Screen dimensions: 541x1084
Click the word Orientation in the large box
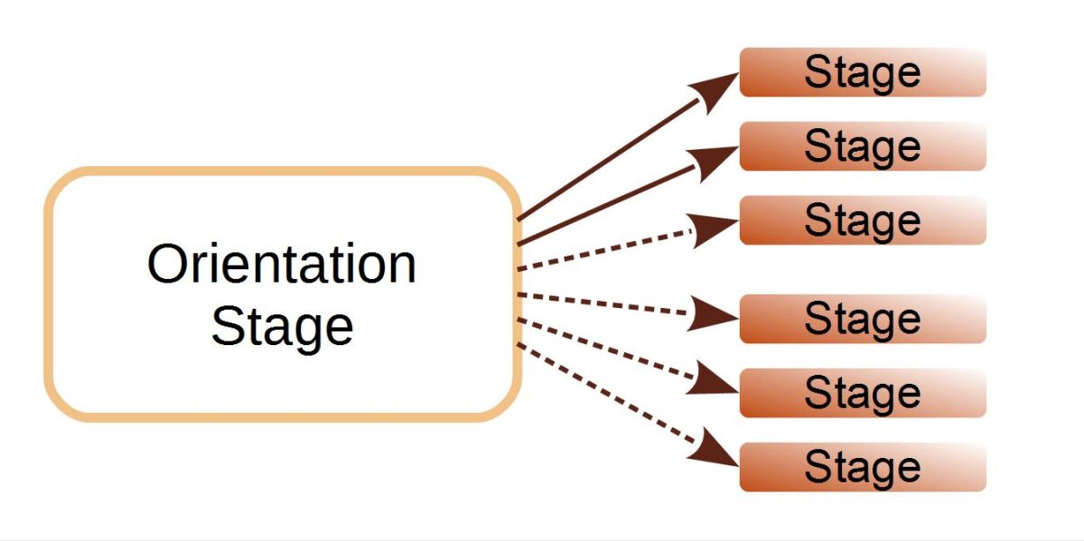pos(282,265)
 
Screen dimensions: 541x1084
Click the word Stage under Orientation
pos(282,326)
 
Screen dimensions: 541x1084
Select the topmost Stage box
pos(862,72)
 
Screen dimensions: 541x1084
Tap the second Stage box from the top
pos(862,146)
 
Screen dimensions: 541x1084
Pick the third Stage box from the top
pos(862,220)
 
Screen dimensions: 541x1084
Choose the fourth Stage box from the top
pos(862,319)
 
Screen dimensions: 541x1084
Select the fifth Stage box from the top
pos(862,393)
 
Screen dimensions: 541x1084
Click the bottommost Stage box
pos(862,467)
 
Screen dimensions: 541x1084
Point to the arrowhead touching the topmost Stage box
pos(717,87)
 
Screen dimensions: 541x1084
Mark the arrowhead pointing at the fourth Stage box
pos(718,315)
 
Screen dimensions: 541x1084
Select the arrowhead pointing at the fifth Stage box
pos(718,380)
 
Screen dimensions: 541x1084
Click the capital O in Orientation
pos(166,265)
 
